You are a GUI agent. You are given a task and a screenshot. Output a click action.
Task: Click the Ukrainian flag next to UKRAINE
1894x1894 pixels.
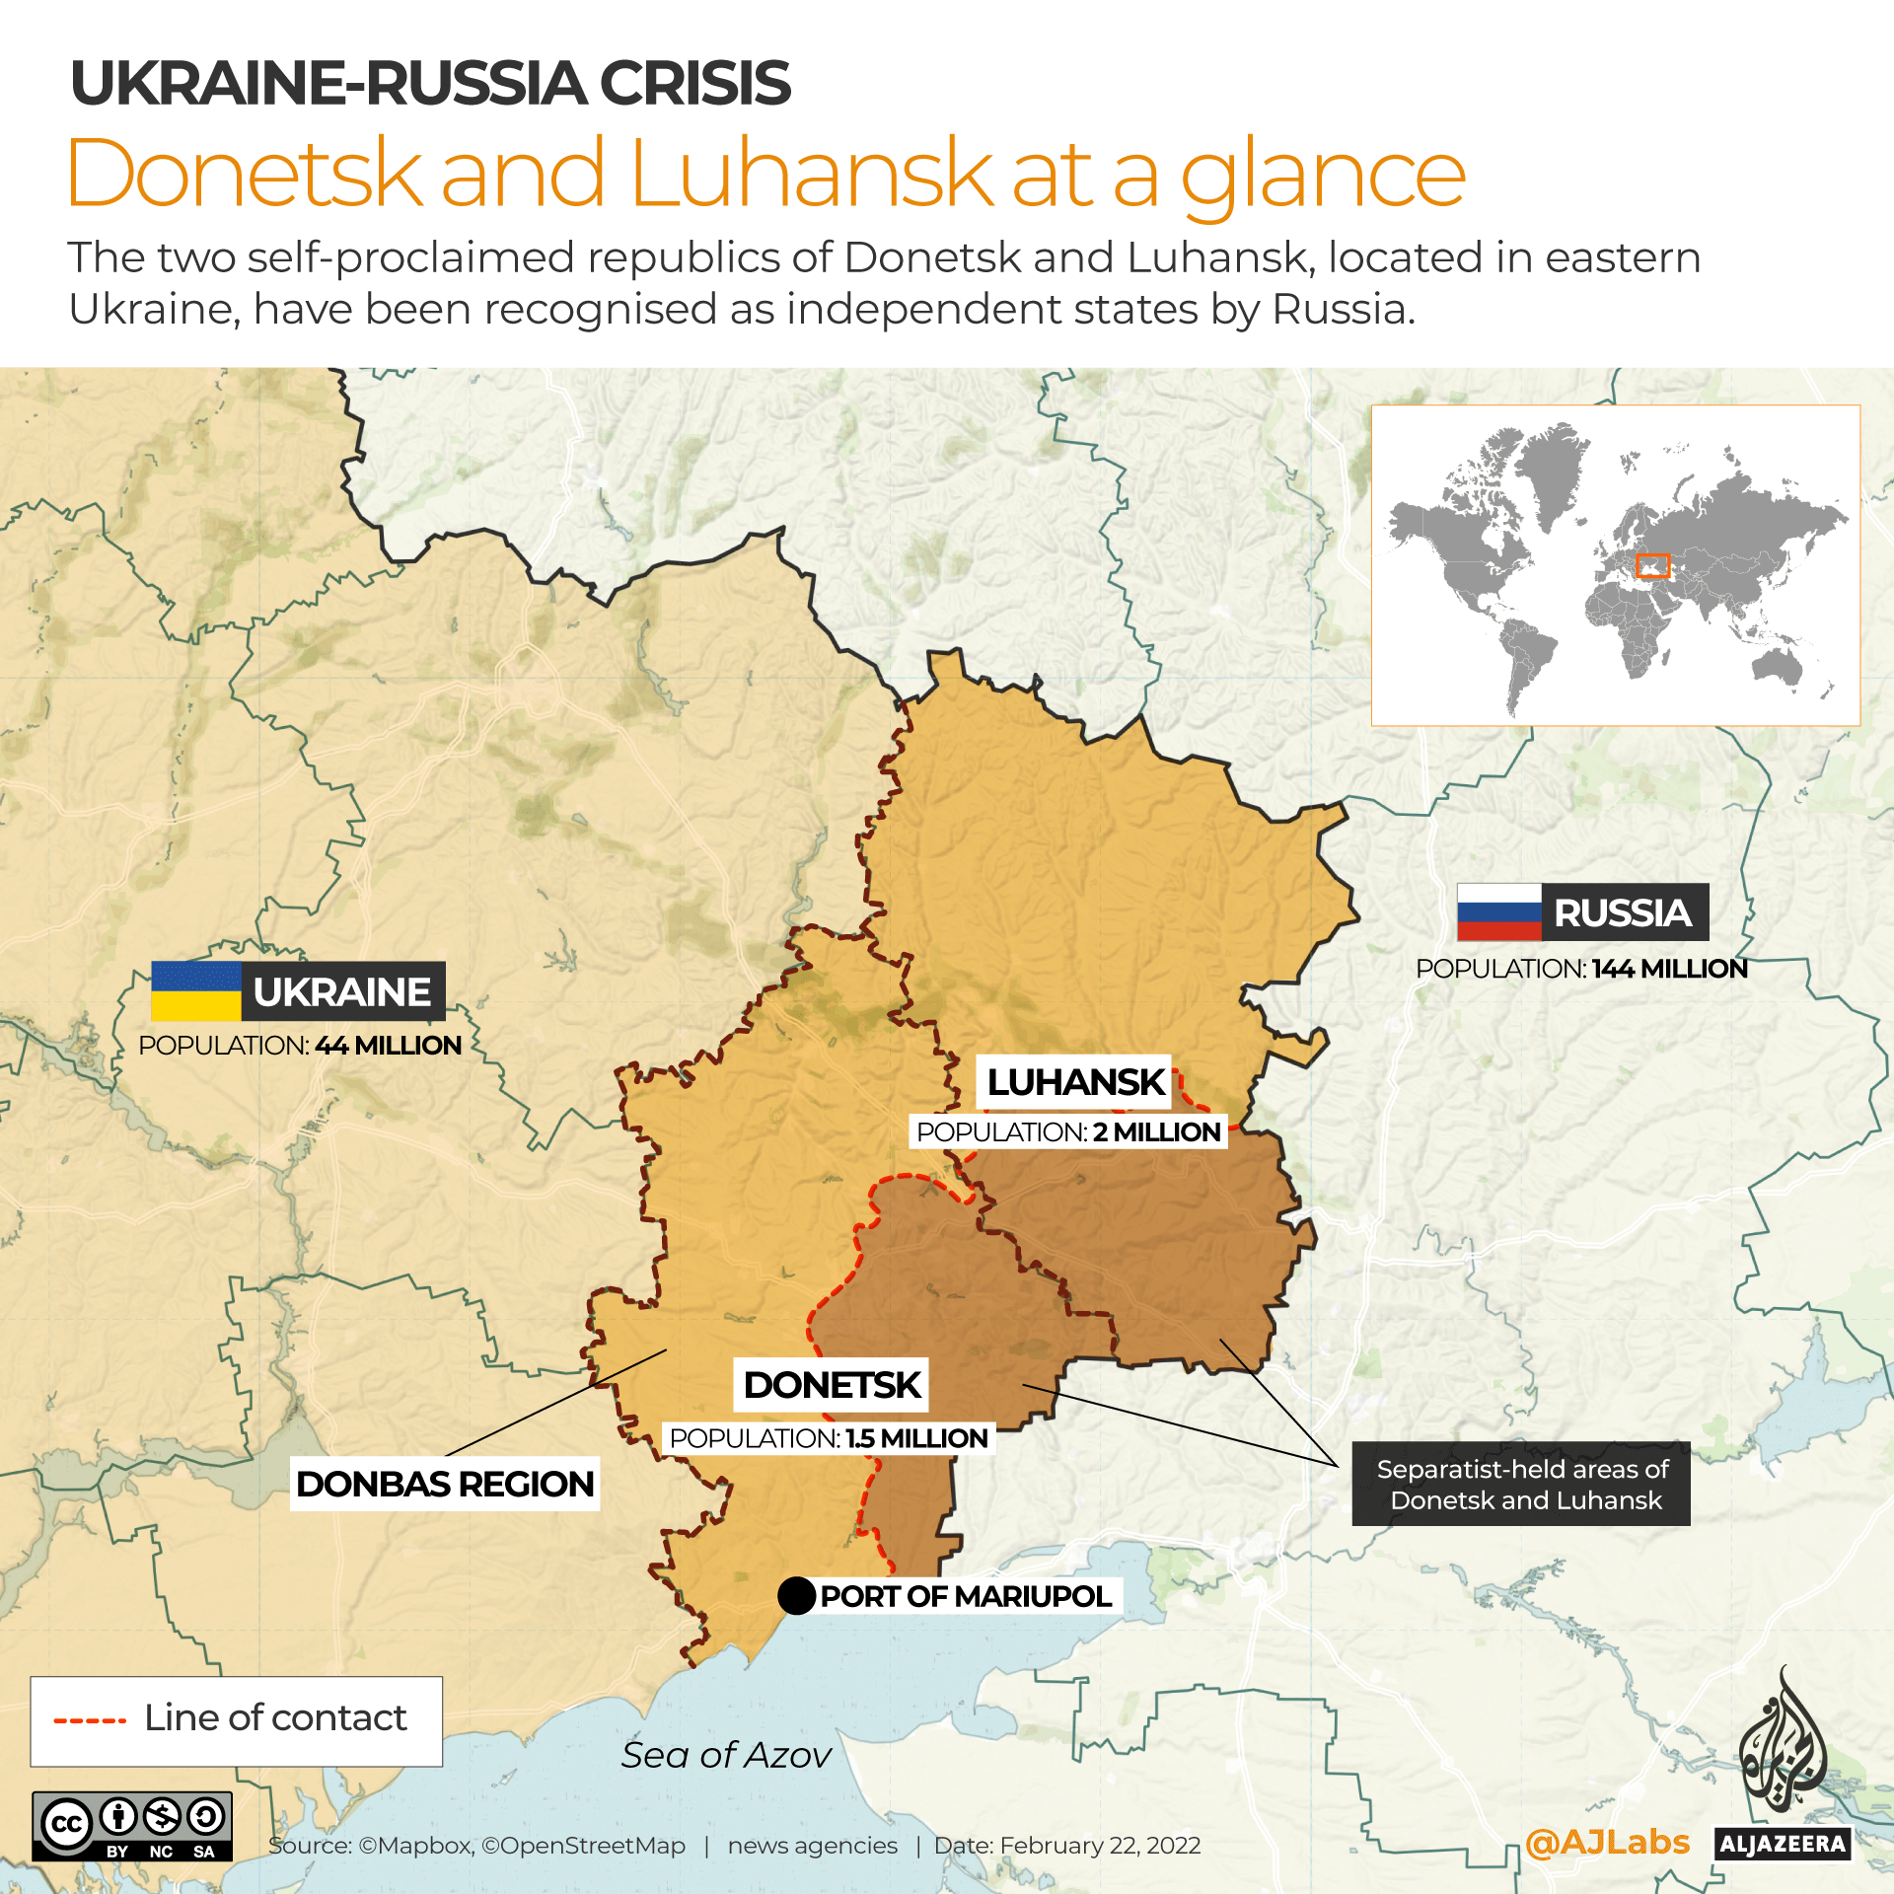(x=195, y=990)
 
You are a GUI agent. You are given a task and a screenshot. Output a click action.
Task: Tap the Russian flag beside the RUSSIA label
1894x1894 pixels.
(x=1498, y=911)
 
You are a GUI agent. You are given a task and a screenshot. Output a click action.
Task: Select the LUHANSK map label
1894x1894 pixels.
(x=1075, y=1082)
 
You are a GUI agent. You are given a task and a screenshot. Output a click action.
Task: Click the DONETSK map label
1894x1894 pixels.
(x=832, y=1384)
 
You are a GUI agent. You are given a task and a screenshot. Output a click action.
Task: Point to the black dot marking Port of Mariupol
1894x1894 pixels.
(x=795, y=1595)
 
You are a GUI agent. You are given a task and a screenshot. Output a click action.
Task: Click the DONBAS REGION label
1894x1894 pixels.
(x=444, y=1484)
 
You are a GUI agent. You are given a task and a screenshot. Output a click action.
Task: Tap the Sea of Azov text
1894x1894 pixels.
(x=726, y=1755)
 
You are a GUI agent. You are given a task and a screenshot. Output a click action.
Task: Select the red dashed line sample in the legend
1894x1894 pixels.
(x=90, y=1721)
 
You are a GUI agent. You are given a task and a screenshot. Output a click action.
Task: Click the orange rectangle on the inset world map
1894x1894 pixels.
(x=1651, y=565)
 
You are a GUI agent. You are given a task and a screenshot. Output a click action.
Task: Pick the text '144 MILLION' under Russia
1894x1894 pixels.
(x=1669, y=969)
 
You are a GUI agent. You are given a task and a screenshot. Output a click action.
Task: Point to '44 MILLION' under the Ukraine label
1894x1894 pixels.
(x=388, y=1046)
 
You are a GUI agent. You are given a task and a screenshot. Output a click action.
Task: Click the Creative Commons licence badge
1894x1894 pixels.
(x=132, y=1826)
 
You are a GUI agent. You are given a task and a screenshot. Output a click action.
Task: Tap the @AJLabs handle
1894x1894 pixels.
(x=1606, y=1842)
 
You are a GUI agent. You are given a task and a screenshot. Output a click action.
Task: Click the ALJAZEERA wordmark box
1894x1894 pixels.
(x=1782, y=1844)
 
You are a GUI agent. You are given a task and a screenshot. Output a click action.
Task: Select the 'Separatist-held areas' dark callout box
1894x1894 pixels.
(x=1520, y=1484)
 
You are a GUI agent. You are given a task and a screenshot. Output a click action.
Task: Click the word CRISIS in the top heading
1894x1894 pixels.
(x=694, y=83)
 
